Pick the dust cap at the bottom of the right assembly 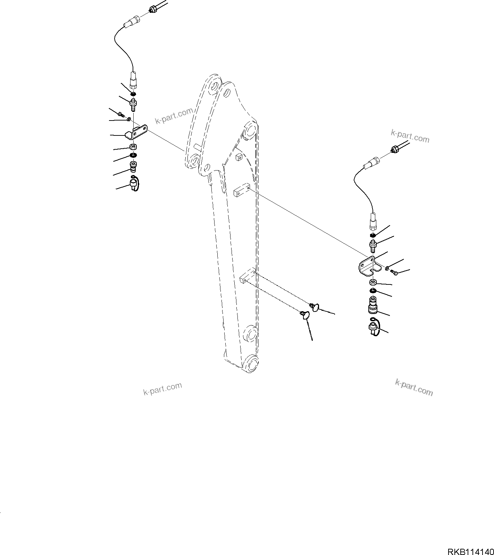pos(374,328)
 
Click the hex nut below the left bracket pos(133,147)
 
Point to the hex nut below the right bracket pos(372,282)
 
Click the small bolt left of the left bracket pos(120,114)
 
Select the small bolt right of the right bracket pos(394,272)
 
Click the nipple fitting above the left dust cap pos(133,167)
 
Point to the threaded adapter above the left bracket pos(133,103)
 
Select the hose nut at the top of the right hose pos(395,150)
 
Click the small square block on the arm pos(238,157)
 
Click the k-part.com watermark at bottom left pos(162,389)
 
